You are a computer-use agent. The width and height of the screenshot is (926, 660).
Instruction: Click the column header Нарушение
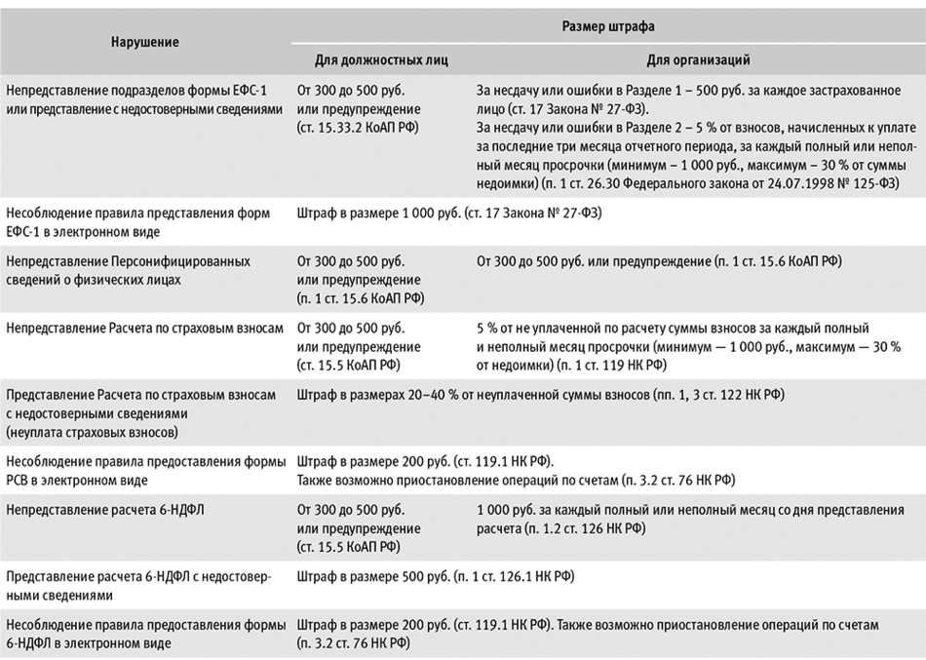tap(144, 43)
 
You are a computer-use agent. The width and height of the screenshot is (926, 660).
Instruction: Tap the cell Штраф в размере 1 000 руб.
tap(374, 213)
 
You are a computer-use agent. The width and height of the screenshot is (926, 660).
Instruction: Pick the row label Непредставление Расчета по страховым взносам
tap(144, 329)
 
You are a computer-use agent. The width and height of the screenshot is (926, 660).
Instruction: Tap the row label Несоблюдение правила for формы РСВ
tap(144, 468)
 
